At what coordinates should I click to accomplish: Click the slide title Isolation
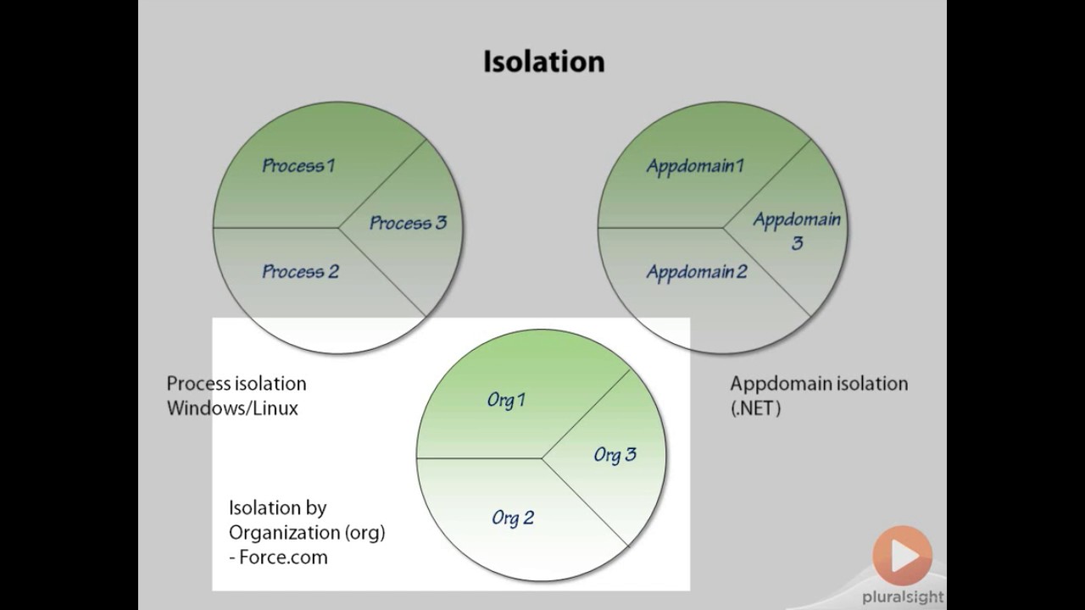point(543,62)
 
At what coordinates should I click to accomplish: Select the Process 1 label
point(298,166)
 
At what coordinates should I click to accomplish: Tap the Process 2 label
point(300,272)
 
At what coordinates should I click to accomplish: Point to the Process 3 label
point(408,224)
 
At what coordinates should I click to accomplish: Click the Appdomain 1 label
point(695,166)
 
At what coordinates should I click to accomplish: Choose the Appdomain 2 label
point(697,272)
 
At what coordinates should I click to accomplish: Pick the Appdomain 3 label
point(797,231)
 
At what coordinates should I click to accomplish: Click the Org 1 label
point(506,400)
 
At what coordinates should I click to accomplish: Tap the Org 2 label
point(513,518)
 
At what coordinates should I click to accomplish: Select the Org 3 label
point(615,455)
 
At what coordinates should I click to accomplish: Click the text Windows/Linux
point(232,408)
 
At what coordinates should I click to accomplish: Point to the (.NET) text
point(755,408)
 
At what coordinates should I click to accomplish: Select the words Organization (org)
point(307,533)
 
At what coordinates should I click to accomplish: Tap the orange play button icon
point(902,556)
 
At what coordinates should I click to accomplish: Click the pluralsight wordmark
point(902,597)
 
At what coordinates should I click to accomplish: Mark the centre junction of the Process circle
point(339,227)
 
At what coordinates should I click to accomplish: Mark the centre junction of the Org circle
point(542,458)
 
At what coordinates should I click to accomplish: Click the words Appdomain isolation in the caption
point(819,384)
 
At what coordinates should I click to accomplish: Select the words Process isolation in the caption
point(236,384)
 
